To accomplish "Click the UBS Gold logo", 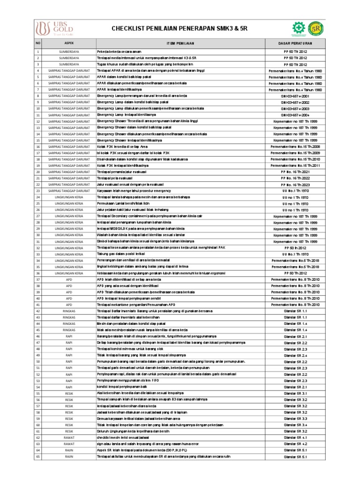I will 49,29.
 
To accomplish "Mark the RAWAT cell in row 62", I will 69,437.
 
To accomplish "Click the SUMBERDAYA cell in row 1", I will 69,52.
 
